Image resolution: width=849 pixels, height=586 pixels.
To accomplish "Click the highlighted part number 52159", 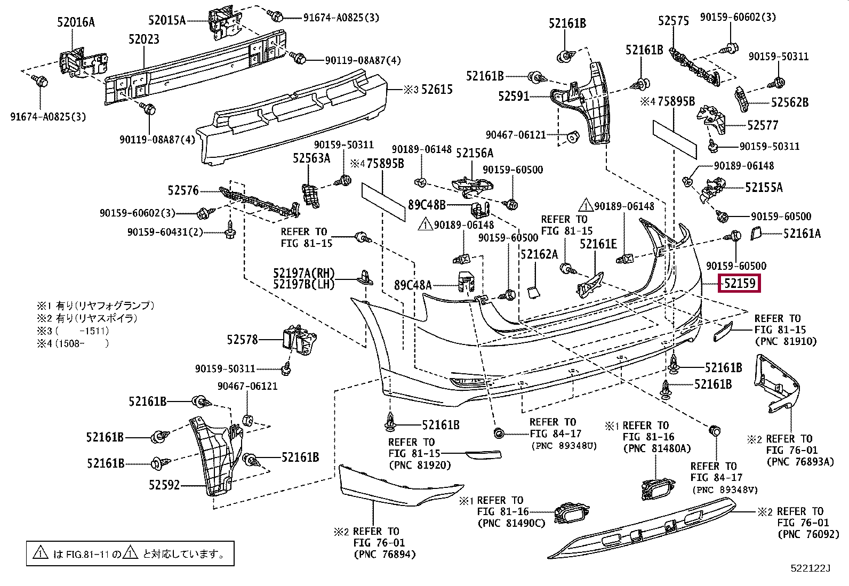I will (740, 283).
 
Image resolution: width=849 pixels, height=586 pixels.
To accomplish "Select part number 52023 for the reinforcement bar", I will (143, 39).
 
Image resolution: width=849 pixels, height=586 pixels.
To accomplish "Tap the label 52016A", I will (76, 22).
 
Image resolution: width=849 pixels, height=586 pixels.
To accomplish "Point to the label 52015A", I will (167, 21).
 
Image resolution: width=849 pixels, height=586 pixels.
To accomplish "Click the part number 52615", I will (437, 90).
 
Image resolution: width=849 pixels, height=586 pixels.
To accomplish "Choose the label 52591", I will (514, 97).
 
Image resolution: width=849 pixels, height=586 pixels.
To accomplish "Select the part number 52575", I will (673, 21).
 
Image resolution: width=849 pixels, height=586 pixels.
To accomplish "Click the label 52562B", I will (789, 102).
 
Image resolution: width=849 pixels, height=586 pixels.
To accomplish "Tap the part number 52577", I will (763, 125).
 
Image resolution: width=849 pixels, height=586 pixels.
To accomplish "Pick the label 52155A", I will (764, 187).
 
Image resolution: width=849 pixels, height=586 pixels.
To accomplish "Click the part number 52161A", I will (802, 233).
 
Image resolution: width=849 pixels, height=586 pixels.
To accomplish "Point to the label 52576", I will (183, 190).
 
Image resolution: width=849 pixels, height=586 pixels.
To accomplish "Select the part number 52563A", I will (311, 158).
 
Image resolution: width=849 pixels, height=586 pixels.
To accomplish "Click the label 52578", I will (242, 340).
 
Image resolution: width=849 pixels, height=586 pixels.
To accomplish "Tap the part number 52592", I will (164, 485).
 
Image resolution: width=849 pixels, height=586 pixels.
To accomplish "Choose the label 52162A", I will (539, 254).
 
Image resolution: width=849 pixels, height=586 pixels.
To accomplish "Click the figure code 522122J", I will (811, 568).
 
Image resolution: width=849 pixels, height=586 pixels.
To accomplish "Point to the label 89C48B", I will (427, 205).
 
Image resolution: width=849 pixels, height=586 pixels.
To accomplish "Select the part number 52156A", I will (475, 153).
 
